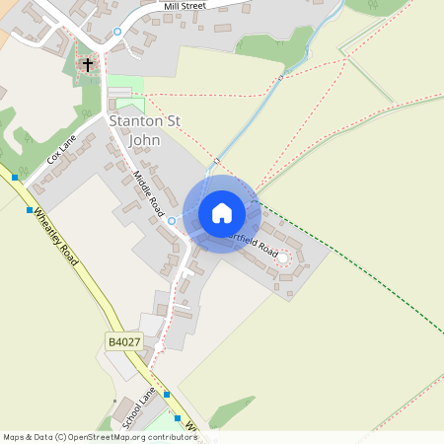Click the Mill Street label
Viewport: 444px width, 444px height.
(x=185, y=7)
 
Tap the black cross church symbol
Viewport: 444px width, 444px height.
(x=88, y=65)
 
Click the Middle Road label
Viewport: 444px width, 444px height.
(x=148, y=193)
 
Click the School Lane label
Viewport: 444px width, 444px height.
(x=139, y=407)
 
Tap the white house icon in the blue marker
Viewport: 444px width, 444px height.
(x=222, y=213)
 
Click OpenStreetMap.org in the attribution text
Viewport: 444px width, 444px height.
(x=110, y=437)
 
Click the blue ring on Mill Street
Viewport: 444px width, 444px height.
(x=117, y=31)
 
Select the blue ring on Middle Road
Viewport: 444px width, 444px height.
(x=171, y=220)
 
